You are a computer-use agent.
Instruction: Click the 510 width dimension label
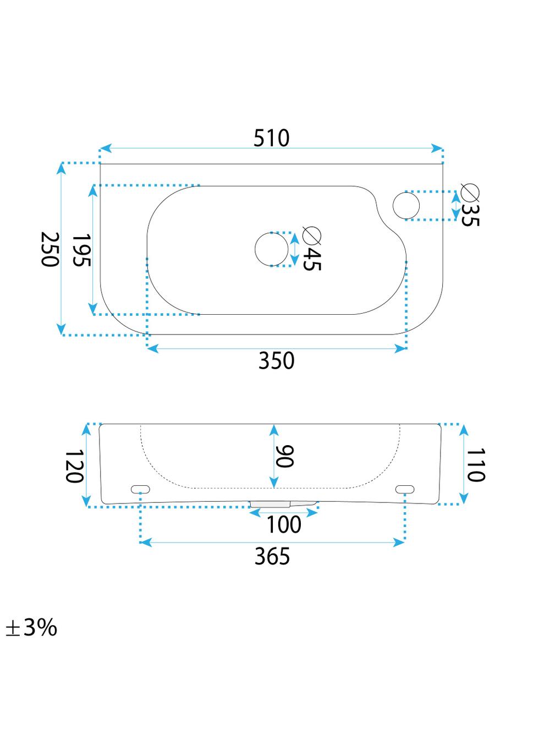click(x=271, y=138)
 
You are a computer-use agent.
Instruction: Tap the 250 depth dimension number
click(x=50, y=249)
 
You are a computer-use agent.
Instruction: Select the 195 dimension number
click(x=81, y=250)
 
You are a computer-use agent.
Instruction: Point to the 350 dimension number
click(x=277, y=361)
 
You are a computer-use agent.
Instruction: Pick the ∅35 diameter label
click(x=470, y=205)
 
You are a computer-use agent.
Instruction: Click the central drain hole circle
click(x=272, y=249)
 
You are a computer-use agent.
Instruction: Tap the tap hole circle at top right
click(x=406, y=205)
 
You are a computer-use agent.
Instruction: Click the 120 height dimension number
click(x=74, y=466)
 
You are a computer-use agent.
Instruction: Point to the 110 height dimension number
click(x=476, y=465)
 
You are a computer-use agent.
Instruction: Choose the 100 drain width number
click(x=284, y=524)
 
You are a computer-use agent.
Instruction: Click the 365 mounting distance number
click(x=272, y=557)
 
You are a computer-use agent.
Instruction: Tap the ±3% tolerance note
click(x=31, y=627)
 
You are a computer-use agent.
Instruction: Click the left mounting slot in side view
click(x=140, y=488)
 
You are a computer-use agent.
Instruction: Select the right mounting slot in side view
click(x=405, y=488)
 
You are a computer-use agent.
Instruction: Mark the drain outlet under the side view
click(x=271, y=503)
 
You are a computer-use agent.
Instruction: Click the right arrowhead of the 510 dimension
click(x=438, y=149)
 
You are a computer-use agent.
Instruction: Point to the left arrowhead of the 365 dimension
click(x=145, y=543)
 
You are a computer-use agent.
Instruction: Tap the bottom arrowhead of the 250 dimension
click(x=62, y=330)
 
